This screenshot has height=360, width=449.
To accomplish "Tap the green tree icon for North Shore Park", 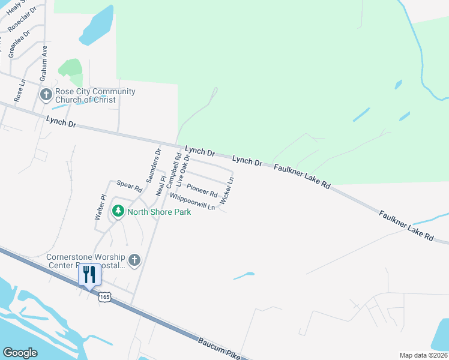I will click(x=118, y=211).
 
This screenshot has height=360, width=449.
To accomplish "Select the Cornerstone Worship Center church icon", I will click(x=134, y=260).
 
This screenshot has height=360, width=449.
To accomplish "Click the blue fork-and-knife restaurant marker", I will click(x=89, y=275).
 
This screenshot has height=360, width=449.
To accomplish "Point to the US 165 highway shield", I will click(x=106, y=297).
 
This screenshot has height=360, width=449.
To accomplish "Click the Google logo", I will click(x=20, y=353).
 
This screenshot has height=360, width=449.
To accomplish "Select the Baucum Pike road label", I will click(x=218, y=348).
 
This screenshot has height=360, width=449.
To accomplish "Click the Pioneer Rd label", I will click(x=202, y=190).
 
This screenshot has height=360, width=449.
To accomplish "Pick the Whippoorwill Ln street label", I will click(x=192, y=202).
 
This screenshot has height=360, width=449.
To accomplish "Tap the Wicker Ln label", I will click(x=227, y=191).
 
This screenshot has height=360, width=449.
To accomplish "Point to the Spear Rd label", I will click(x=129, y=187).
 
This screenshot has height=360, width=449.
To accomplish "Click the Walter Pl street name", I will click(x=100, y=207).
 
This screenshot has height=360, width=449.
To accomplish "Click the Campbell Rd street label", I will click(x=174, y=170).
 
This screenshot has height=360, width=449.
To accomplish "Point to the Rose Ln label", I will click(x=19, y=91).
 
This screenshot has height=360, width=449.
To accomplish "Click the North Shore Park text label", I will click(x=159, y=212).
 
